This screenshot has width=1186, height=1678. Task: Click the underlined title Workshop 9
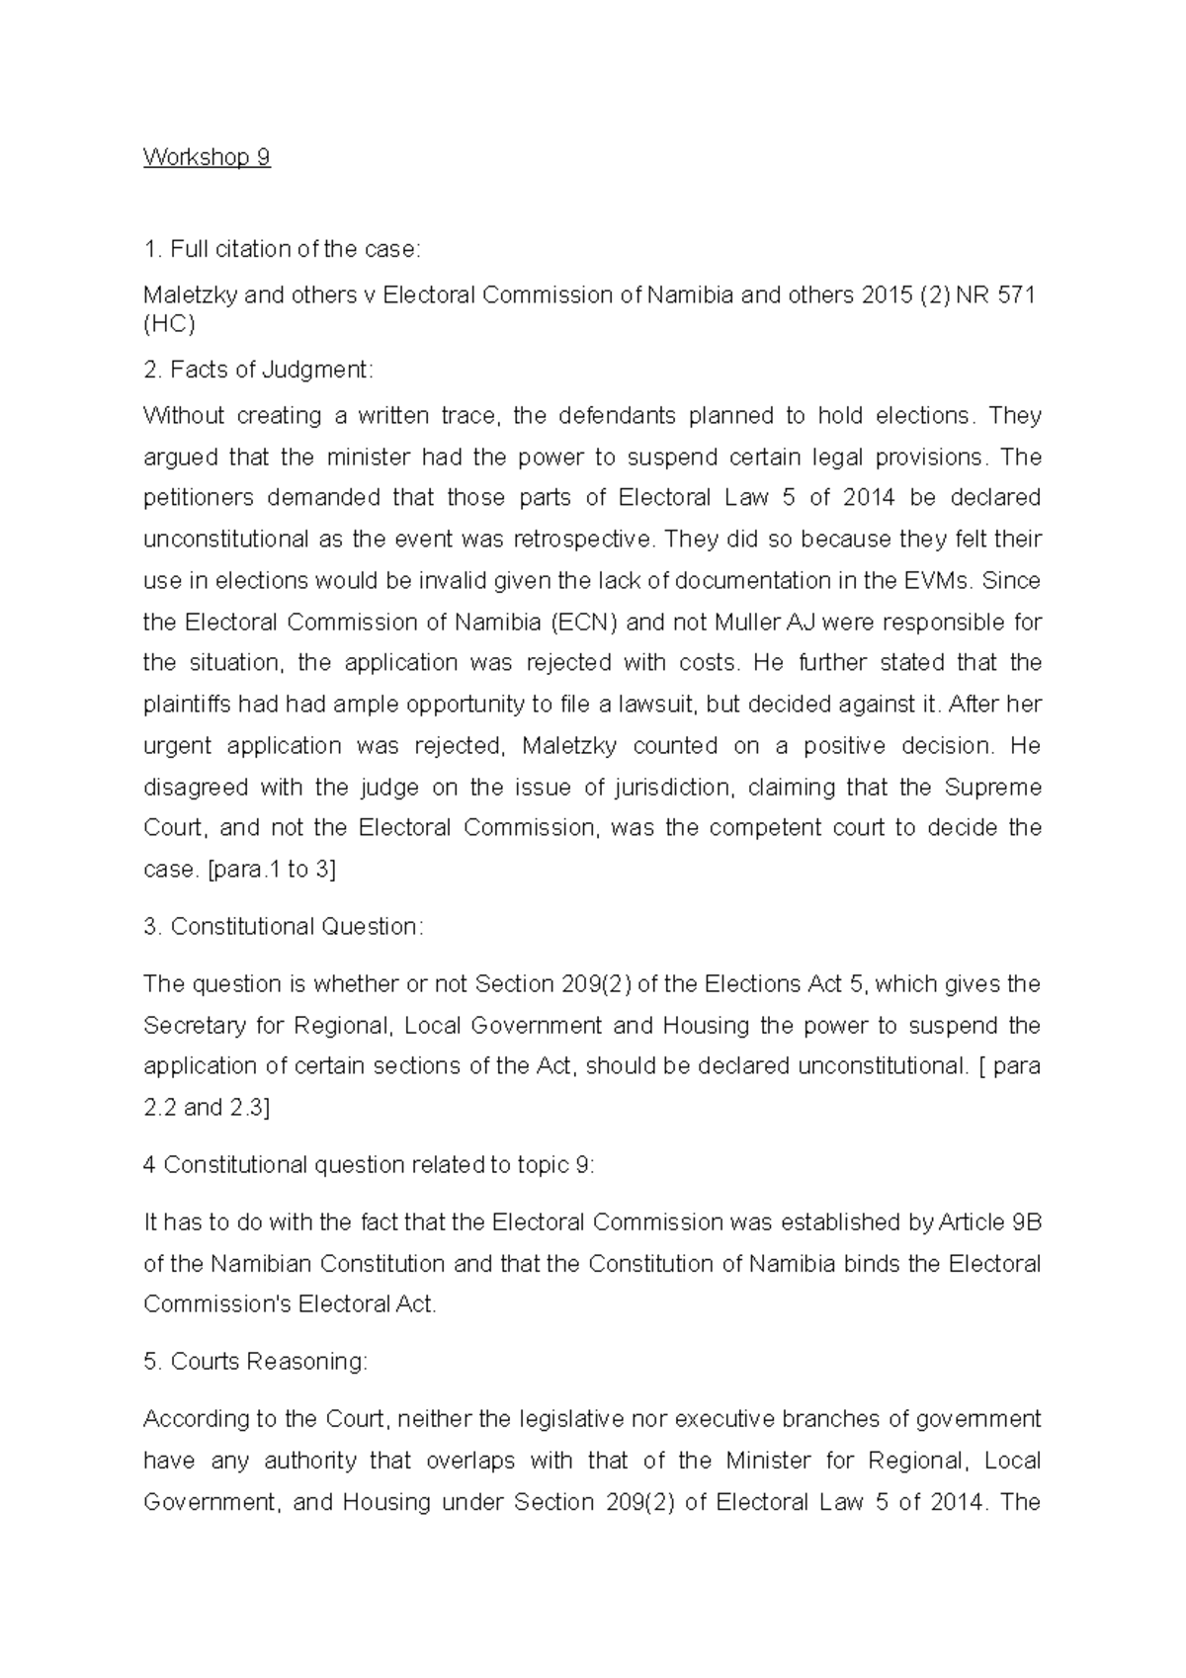click(207, 158)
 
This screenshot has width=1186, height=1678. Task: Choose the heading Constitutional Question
click(296, 927)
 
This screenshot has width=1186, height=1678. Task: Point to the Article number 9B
click(1027, 1222)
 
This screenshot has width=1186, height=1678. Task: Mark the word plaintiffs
click(195, 705)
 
